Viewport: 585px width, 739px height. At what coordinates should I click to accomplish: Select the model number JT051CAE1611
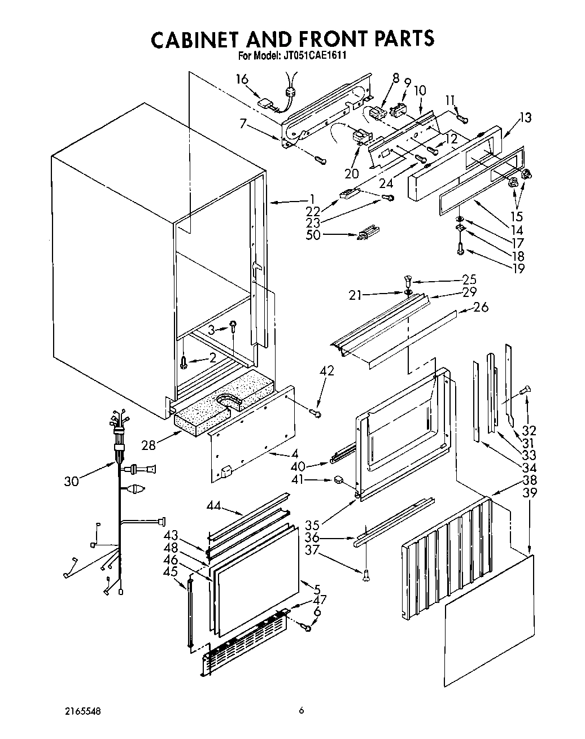312,56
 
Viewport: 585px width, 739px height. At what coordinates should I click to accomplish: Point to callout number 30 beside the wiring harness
72,480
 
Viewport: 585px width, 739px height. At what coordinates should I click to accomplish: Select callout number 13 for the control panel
525,117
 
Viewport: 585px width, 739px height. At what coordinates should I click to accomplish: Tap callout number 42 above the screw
326,371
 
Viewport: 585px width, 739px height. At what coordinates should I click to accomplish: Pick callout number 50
312,234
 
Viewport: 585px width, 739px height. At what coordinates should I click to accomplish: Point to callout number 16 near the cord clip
242,79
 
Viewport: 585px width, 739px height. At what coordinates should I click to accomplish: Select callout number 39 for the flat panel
530,492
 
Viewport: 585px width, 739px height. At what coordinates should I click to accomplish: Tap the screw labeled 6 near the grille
308,627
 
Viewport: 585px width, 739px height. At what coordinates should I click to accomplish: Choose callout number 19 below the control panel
517,268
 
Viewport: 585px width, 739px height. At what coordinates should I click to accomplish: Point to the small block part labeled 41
339,480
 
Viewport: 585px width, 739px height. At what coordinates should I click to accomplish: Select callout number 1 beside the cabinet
311,198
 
